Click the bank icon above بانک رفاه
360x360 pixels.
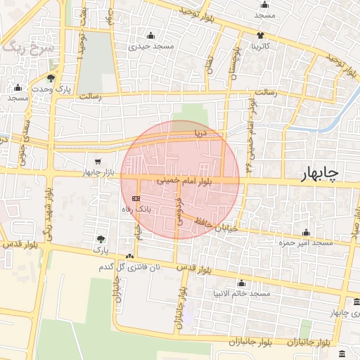pos(135,199)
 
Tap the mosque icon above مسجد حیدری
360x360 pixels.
pos(150,36)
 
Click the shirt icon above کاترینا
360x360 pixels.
pos(260,35)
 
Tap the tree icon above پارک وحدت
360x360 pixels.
pos(51,78)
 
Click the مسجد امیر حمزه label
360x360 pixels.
pos(306,243)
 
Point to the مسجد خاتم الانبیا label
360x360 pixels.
pos(242,292)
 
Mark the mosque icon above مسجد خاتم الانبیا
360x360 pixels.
pos(241,283)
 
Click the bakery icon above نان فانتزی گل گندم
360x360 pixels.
pos(129,257)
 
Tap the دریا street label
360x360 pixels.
pos(202,131)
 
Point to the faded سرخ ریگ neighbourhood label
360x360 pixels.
pos(24,48)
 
